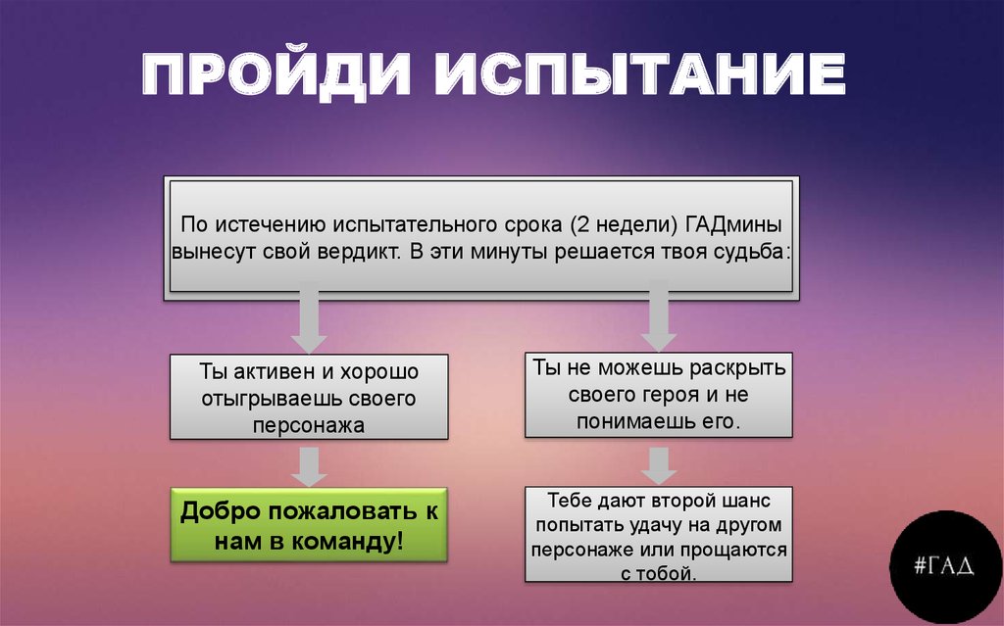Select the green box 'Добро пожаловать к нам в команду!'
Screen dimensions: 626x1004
(308, 525)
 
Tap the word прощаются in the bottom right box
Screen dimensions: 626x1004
(734, 550)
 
